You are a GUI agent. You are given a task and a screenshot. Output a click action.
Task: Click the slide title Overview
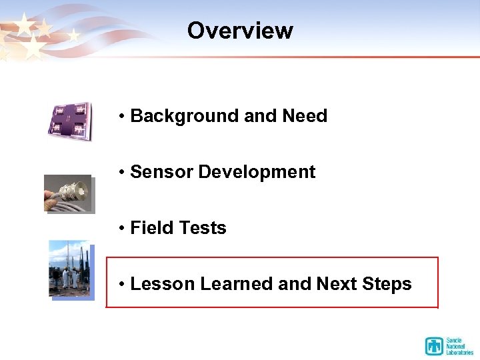[240, 31]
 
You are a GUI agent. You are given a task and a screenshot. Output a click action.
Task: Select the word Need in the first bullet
[305, 116]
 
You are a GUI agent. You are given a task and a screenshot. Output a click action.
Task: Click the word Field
[149, 228]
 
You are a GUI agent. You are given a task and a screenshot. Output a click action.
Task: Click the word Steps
[387, 284]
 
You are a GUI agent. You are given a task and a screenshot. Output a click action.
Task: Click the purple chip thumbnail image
[69, 121]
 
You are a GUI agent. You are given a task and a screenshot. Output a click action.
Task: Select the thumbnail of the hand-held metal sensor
[68, 193]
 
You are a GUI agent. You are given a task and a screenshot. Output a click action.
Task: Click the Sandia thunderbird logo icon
[435, 346]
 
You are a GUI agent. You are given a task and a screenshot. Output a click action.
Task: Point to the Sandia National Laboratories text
[460, 346]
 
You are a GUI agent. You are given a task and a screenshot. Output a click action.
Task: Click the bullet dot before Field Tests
[123, 229]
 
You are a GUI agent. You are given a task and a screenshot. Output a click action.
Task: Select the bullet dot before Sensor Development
[123, 173]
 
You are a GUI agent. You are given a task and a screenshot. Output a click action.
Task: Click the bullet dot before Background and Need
[123, 117]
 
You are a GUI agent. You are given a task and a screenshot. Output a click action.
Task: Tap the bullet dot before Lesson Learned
[123, 285]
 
